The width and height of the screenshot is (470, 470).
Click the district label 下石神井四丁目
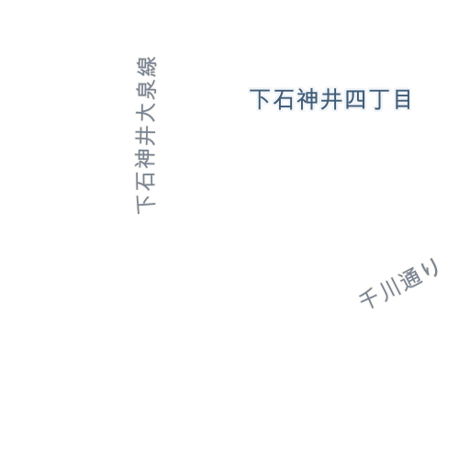(330, 99)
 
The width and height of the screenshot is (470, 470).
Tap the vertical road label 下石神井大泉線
(146, 135)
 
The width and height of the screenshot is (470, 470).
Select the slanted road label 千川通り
(399, 283)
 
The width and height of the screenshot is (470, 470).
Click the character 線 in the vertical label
(146, 66)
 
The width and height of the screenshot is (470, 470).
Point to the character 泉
(146, 89)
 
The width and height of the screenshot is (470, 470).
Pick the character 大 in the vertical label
(146, 112)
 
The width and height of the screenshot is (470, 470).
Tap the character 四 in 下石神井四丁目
(355, 99)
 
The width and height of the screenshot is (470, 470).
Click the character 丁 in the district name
(379, 100)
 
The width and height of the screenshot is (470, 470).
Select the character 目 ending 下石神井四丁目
(402, 99)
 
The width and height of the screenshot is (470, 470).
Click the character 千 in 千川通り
(368, 297)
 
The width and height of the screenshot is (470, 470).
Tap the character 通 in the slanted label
(410, 278)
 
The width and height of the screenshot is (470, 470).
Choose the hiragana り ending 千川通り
(431, 267)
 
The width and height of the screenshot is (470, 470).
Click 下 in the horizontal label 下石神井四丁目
(260, 99)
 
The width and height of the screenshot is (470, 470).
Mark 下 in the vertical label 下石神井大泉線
(146, 204)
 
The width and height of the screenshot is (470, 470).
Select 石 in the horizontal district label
(284, 99)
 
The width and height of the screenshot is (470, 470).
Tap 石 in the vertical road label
(146, 181)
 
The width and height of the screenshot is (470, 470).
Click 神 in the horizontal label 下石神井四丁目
(308, 99)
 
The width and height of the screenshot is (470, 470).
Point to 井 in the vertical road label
(146, 135)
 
